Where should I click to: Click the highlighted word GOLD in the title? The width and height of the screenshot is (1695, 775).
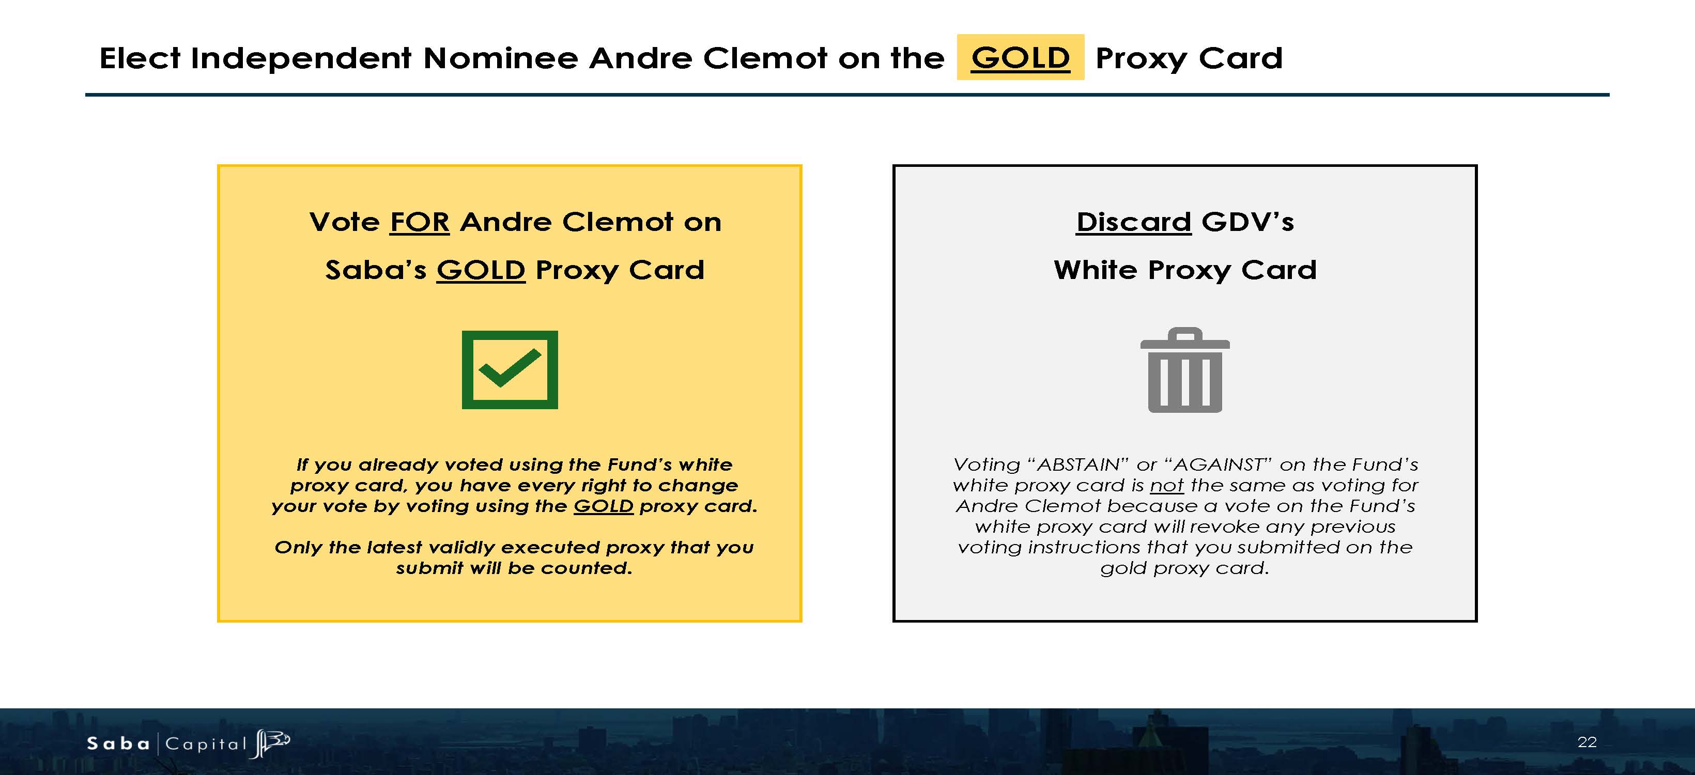1021,58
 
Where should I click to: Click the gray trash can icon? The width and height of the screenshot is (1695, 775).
1185,370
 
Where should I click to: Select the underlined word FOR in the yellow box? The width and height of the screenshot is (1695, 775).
420,222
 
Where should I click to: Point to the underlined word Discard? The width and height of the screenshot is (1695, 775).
1134,222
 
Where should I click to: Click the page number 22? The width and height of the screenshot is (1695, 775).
1587,742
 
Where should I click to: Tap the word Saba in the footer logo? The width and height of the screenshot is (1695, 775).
118,743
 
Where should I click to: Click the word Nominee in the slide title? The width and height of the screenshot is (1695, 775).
500,58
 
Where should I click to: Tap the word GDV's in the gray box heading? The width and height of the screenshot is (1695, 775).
1247,222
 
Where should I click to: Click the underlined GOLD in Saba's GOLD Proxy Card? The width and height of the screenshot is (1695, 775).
481,270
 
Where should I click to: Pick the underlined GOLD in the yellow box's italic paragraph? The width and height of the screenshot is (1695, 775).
604,506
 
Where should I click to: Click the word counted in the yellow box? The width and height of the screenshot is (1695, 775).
587,568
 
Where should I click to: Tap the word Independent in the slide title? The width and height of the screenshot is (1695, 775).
301,58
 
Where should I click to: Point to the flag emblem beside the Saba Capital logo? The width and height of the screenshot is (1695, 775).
270,743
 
